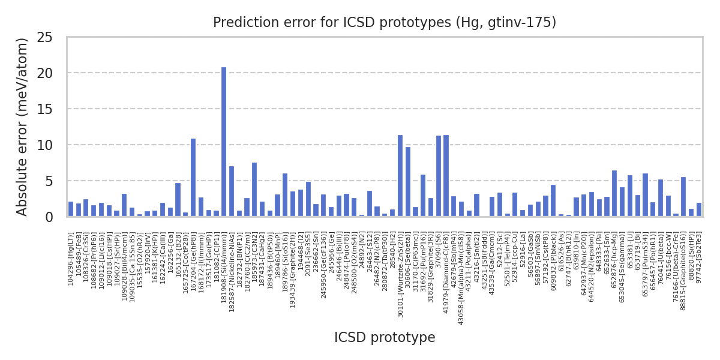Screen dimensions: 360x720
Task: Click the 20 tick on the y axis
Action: point(57,73)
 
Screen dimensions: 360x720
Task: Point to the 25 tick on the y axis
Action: point(57,37)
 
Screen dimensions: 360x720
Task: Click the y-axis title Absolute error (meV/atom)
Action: point(22,127)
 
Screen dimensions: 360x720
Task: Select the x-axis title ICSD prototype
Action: point(385,338)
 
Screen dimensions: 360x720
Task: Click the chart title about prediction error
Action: point(385,23)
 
